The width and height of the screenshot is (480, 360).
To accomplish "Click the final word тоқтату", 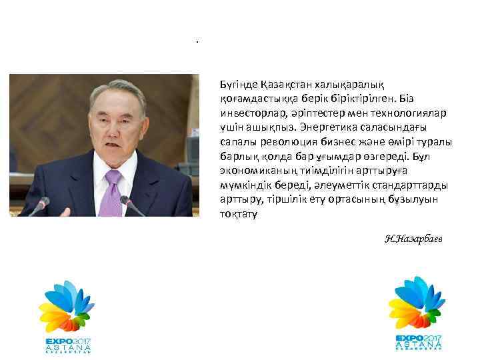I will tap(237, 213).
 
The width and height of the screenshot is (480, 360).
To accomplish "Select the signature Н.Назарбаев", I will tap(413, 239).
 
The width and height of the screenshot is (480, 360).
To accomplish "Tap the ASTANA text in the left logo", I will tap(67, 346).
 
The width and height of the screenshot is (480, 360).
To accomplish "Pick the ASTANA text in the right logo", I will tap(418, 343).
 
